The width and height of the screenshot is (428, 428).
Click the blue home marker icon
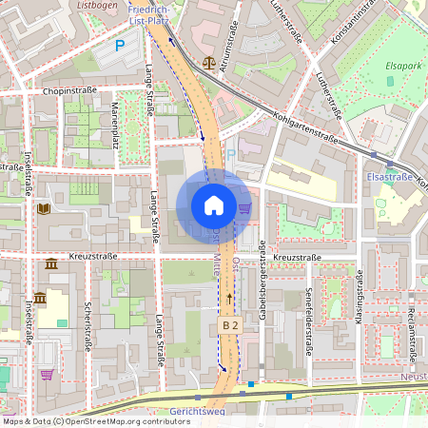[214, 205]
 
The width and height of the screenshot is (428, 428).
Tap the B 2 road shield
[229, 324]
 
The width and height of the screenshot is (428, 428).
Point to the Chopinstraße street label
[71, 92]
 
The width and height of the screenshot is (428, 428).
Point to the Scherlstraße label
[88, 324]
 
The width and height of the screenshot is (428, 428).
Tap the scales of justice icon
[209, 60]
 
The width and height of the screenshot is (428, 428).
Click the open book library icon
[44, 209]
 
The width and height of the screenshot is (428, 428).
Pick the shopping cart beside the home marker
[245, 207]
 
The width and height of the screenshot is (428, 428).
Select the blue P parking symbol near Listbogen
[120, 44]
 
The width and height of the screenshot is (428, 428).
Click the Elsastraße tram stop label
[390, 176]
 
